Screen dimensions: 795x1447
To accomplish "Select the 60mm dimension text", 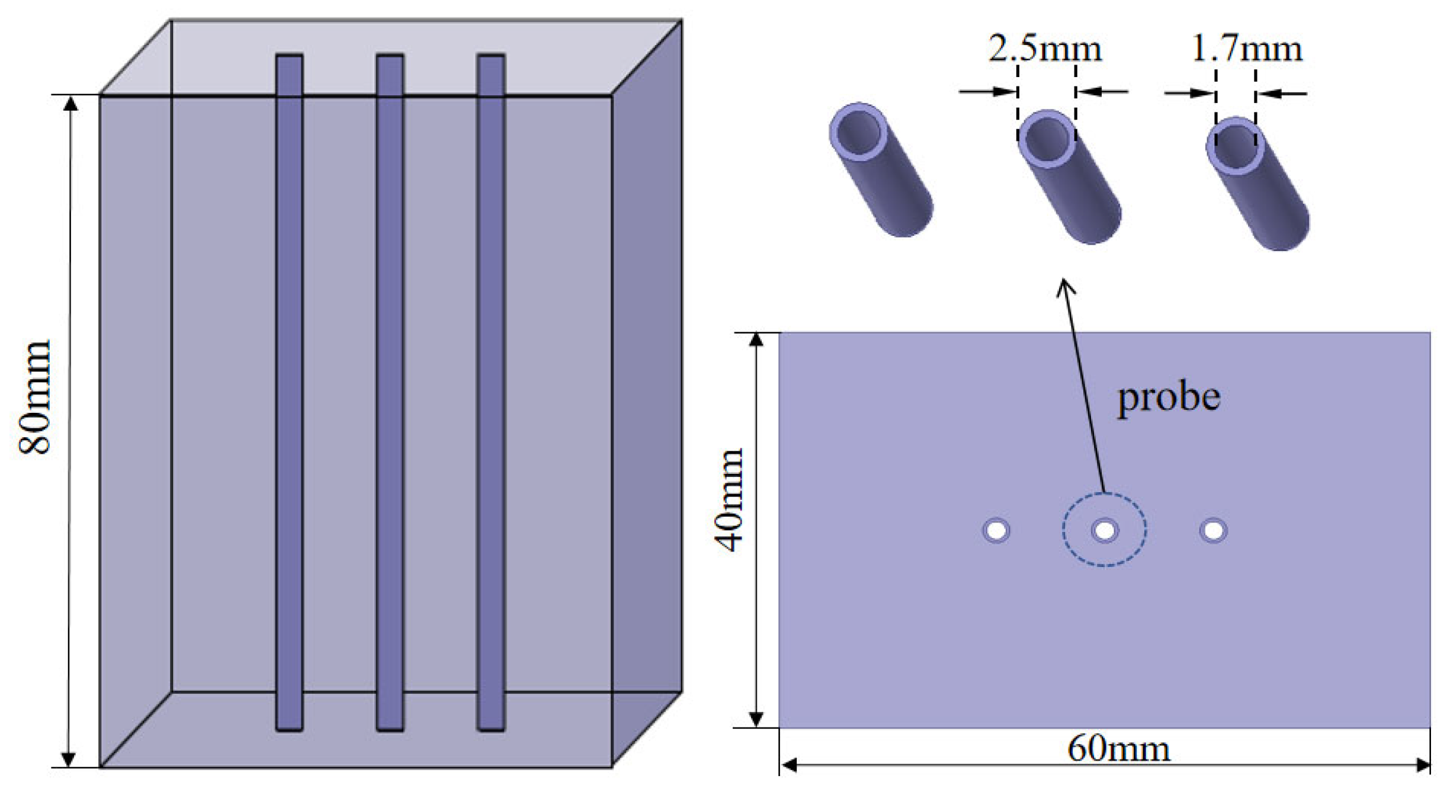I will click(1118, 749).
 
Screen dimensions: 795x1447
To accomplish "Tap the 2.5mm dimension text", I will click(1045, 49).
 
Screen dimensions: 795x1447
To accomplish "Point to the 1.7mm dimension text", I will click(1246, 49).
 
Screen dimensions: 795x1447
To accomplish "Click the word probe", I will click(1168, 397).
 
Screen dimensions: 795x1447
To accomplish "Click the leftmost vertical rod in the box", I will click(289, 391).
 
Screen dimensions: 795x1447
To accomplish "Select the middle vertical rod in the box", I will click(390, 391).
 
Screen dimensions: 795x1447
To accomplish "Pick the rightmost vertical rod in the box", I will click(490, 391).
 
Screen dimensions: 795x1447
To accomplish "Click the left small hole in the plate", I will click(996, 530).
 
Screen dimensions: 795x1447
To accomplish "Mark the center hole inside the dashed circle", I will click(1105, 530).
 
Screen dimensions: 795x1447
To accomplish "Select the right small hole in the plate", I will click(1213, 530).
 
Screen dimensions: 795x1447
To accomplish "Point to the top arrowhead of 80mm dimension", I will click(70, 104).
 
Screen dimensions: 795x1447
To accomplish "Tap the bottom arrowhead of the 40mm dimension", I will click(756, 719).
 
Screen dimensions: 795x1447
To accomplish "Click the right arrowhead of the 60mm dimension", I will click(1423, 765).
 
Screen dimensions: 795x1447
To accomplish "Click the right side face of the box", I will click(647, 391).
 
